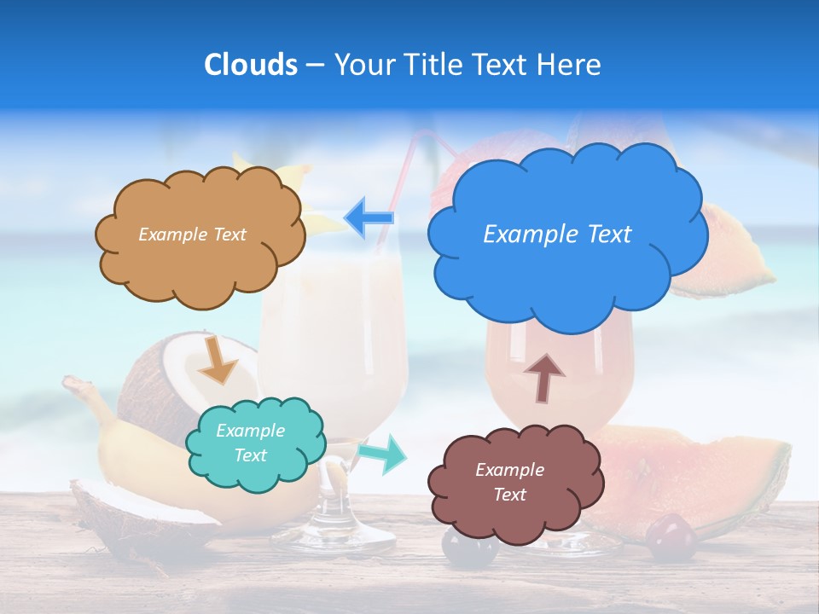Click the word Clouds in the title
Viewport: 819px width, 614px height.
(251, 65)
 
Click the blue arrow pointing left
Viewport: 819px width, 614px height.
(369, 217)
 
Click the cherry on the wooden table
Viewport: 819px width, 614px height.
(670, 537)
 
